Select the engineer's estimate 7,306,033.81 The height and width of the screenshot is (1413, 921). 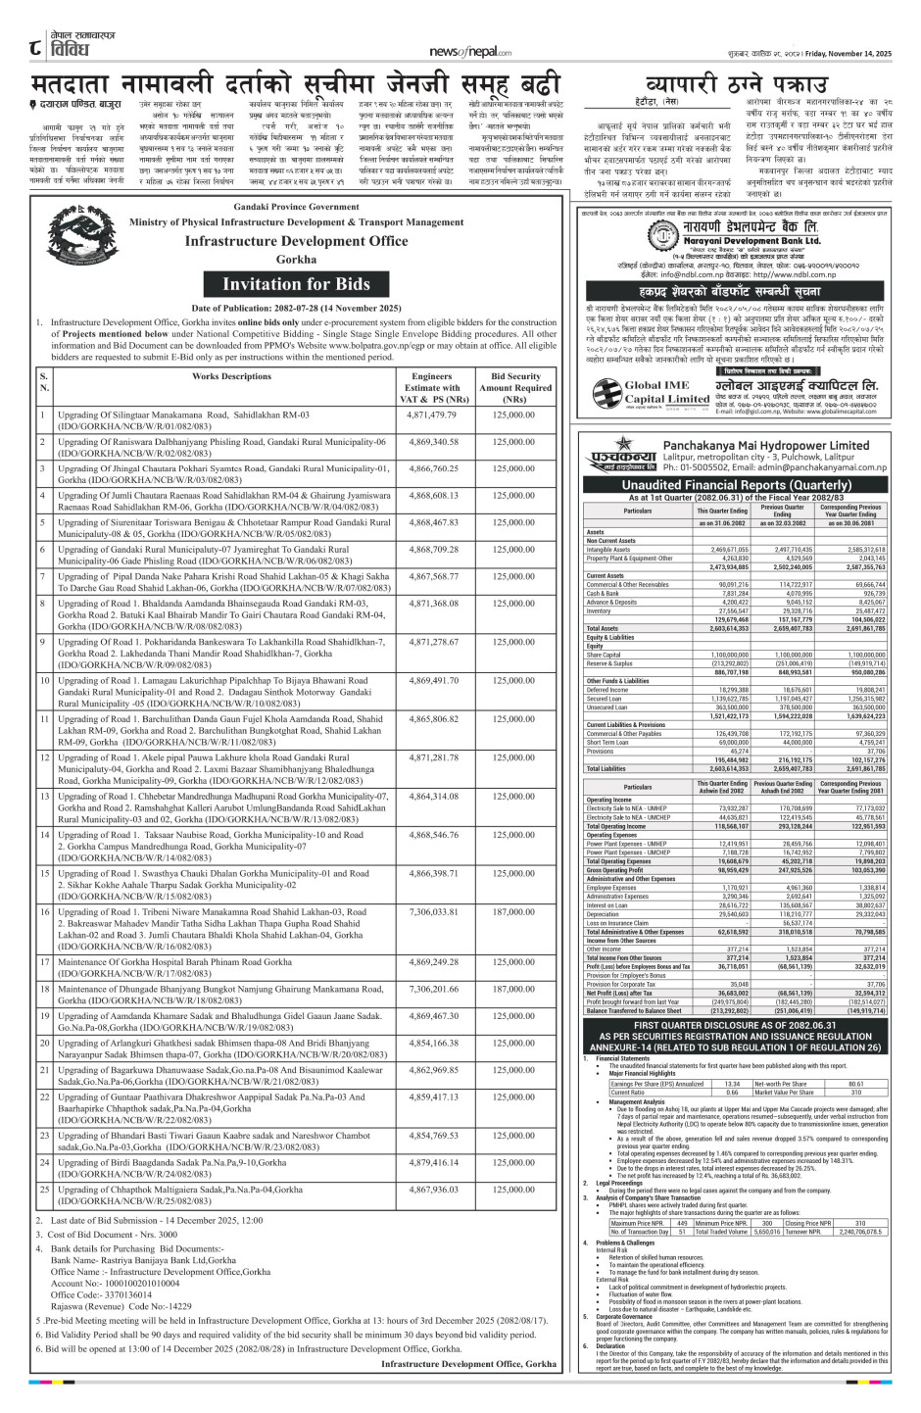(433, 911)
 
